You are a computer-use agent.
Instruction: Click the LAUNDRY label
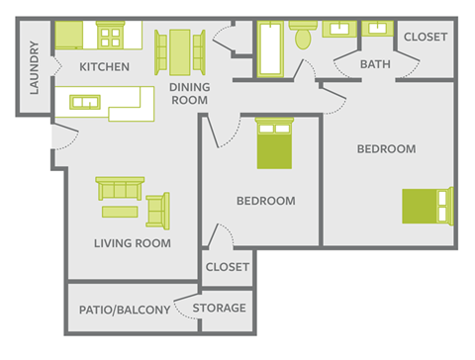34,68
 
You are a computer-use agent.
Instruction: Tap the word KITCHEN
104,67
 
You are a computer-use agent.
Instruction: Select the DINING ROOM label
188,93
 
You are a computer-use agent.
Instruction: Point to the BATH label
374,64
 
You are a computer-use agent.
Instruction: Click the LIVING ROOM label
132,243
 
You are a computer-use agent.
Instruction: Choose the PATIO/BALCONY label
123,311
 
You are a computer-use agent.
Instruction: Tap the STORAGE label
219,308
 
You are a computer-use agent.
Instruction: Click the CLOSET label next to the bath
426,37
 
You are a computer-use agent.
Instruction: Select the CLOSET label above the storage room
227,266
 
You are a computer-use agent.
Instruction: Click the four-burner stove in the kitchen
110,37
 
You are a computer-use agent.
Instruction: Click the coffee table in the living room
121,211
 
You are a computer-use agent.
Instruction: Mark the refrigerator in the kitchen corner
67,35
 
